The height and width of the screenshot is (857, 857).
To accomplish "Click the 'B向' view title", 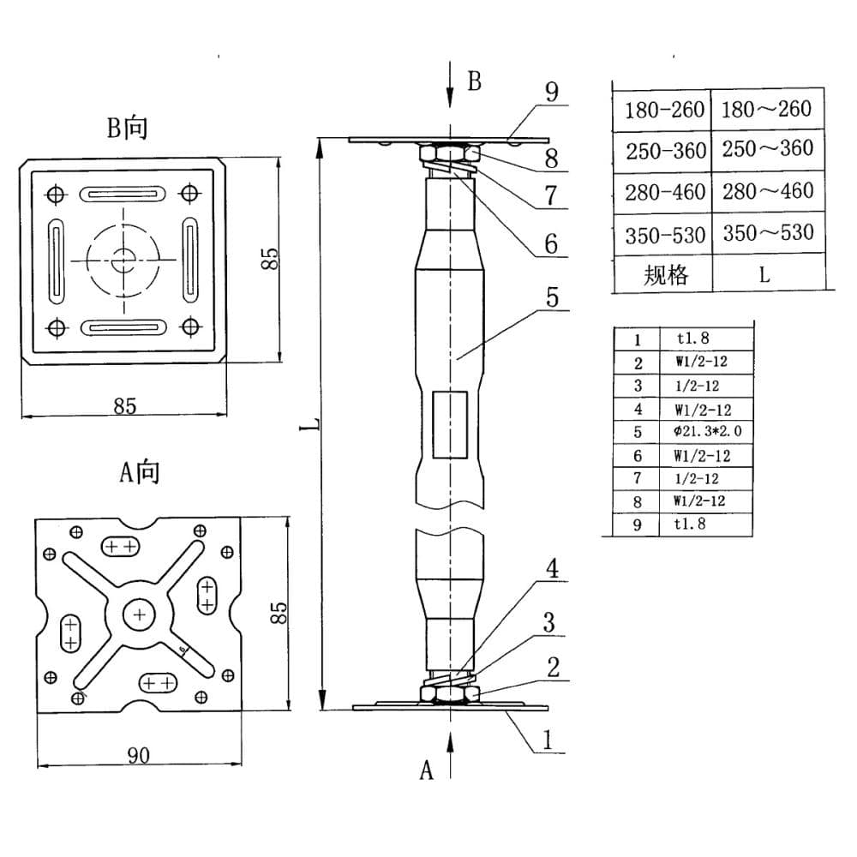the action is click(x=128, y=128).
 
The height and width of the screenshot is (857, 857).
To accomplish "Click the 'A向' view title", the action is click(x=140, y=471).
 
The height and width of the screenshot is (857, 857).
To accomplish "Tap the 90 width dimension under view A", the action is click(x=138, y=755).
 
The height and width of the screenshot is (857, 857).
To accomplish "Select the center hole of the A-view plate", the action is click(x=140, y=614).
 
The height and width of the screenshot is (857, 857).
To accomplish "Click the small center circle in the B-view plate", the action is click(x=123, y=261).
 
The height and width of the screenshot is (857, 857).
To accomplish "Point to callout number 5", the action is click(x=552, y=297).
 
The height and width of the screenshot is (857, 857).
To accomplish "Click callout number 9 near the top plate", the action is click(x=552, y=92).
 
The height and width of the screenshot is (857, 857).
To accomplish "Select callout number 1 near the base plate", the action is click(x=548, y=740).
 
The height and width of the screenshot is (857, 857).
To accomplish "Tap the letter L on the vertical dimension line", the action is click(x=311, y=424).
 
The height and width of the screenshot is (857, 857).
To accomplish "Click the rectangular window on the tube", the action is click(x=450, y=425).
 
